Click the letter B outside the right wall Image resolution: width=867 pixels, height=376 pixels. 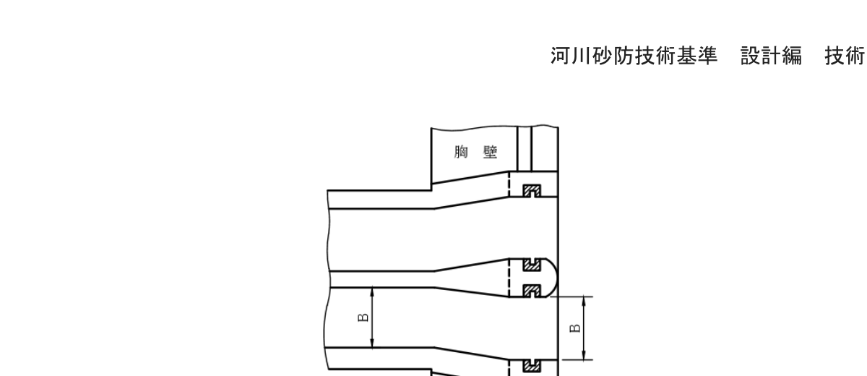(574, 328)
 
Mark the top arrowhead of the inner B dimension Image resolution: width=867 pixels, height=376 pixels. (371, 290)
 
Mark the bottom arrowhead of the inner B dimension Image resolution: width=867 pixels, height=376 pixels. (371, 345)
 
